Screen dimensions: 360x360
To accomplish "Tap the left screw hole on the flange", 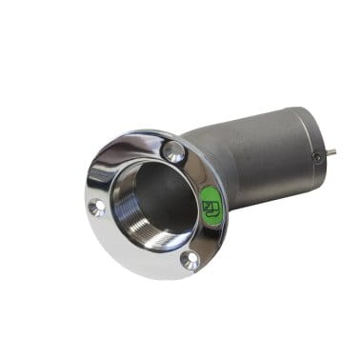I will [x=97, y=207].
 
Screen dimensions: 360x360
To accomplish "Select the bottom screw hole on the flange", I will [x=190, y=259].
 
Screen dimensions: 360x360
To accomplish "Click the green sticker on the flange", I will [x=210, y=206].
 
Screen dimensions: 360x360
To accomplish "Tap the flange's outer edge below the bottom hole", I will [x=190, y=274].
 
